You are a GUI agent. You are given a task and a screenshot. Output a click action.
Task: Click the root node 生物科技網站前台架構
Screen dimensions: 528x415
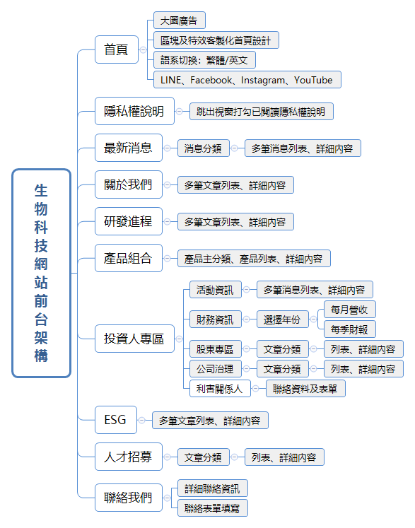(42, 273)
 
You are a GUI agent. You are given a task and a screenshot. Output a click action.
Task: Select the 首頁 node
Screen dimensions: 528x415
(116, 49)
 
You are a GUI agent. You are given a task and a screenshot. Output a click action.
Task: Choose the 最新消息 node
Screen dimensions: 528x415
(128, 148)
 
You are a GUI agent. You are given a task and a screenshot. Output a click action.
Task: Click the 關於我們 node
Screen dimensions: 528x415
(128, 184)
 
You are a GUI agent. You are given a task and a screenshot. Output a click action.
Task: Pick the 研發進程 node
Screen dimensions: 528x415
(128, 221)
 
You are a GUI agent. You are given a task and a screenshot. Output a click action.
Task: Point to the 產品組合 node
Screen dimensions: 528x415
(128, 258)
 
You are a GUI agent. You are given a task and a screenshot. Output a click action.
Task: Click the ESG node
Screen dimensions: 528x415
(115, 420)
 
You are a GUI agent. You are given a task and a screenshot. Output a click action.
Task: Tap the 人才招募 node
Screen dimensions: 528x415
(128, 457)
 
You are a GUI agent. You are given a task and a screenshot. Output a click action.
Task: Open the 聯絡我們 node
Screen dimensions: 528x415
(128, 498)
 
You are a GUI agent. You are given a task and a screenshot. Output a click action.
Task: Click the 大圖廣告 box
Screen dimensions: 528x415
(179, 21)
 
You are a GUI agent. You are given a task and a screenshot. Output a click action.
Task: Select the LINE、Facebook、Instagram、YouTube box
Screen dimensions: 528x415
(247, 80)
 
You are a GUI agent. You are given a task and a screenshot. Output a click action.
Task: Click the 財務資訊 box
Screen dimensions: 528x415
(215, 319)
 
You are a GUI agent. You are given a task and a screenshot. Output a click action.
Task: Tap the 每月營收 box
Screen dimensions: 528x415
(349, 310)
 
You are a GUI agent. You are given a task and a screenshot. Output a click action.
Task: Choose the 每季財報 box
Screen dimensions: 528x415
(349, 329)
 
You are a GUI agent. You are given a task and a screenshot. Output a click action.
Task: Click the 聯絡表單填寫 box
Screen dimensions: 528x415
(213, 508)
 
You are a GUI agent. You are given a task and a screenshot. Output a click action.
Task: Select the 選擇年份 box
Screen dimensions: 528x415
(282, 319)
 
